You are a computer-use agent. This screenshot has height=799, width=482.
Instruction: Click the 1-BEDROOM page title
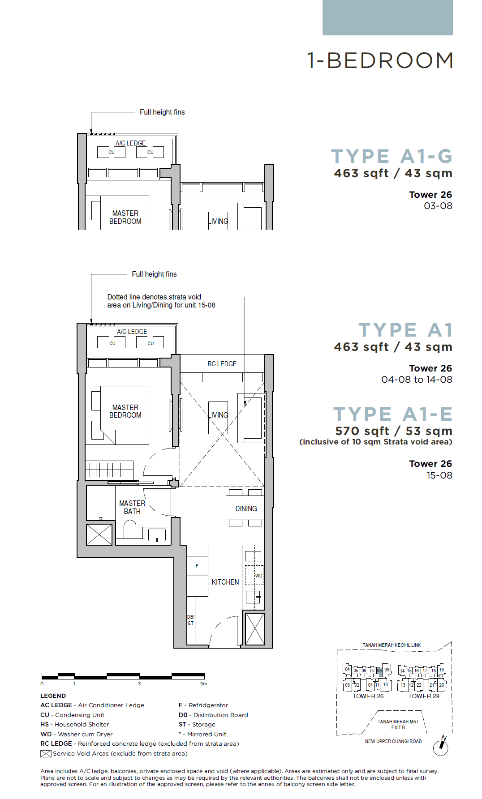pyautogui.click(x=380, y=61)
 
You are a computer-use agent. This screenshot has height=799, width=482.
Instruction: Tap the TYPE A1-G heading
pyautogui.click(x=392, y=156)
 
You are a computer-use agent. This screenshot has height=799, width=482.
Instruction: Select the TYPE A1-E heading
pyautogui.click(x=393, y=414)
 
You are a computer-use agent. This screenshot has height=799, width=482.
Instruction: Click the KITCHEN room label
pyautogui.click(x=225, y=582)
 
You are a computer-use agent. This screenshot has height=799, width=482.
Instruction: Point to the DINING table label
pyautogui.click(x=246, y=508)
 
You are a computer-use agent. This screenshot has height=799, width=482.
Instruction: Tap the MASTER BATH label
pyautogui.click(x=132, y=507)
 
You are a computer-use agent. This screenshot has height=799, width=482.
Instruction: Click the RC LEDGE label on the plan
pyautogui.click(x=222, y=364)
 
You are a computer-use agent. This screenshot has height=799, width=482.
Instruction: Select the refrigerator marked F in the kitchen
pyautogui.click(x=197, y=566)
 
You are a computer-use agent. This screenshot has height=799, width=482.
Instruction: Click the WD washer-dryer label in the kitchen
pyautogui.click(x=259, y=576)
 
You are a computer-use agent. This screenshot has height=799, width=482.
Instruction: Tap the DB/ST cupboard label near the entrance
pyautogui.click(x=191, y=620)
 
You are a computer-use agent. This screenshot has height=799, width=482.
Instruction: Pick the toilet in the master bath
pyautogui.click(x=130, y=529)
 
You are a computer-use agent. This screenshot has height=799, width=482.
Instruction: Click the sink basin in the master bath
pyautogui.click(x=157, y=535)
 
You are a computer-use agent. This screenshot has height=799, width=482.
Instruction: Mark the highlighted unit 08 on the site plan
pyautogui.click(x=379, y=671)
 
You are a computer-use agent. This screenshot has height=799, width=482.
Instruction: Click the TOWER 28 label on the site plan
pyautogui.click(x=424, y=696)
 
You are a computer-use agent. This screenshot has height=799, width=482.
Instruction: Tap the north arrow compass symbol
pyautogui.click(x=441, y=746)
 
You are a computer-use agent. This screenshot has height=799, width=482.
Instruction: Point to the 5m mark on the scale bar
pyautogui.click(x=204, y=684)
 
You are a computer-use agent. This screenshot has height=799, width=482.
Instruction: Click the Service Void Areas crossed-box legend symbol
pyautogui.click(x=46, y=754)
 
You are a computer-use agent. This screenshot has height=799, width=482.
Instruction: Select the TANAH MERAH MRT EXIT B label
pyautogui.click(x=398, y=724)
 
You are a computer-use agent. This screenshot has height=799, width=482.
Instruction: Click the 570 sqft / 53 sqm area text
pyautogui.click(x=394, y=431)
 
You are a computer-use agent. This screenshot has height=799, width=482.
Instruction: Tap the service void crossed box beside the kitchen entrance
pyautogui.click(x=255, y=629)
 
